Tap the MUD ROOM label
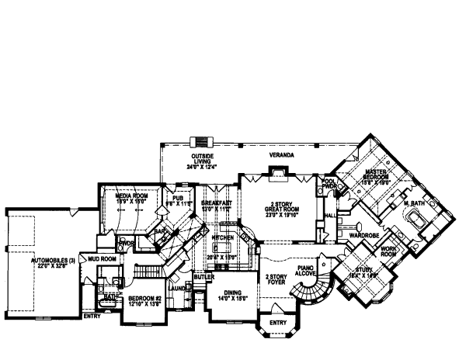pos(102,258)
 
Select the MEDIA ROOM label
pos(131,197)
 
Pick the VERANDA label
pos(281,155)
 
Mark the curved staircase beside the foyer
pos(311,296)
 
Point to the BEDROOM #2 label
pos(144,299)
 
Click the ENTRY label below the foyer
pos(276,321)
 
